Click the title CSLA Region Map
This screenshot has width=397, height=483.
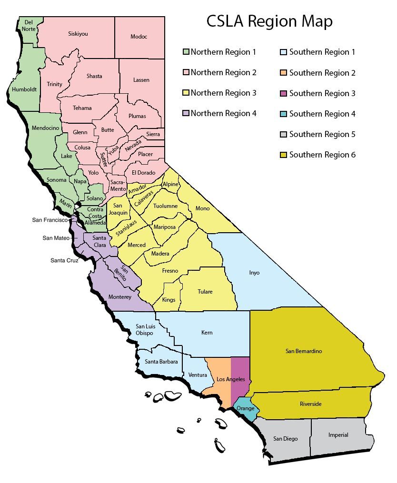269,21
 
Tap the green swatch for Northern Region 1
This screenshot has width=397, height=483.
187,52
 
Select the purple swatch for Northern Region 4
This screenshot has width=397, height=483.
187,113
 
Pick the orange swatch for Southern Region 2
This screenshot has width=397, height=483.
284,73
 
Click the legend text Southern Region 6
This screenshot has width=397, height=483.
322,155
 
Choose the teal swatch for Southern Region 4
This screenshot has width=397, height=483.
284,114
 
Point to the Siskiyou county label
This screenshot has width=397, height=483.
78,34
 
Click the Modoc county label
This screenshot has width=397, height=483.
139,37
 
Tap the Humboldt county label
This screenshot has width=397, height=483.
24,89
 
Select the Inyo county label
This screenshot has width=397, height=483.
254,273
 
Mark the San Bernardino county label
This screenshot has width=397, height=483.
304,351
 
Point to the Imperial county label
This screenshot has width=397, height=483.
338,435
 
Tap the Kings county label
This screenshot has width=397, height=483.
169,300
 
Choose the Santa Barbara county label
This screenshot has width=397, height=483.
161,362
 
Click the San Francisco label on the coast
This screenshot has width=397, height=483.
50,220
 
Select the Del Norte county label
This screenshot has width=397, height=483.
29,25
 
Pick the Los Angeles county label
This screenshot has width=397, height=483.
230,379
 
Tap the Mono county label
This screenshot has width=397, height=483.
202,208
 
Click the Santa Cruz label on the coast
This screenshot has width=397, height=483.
64,260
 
